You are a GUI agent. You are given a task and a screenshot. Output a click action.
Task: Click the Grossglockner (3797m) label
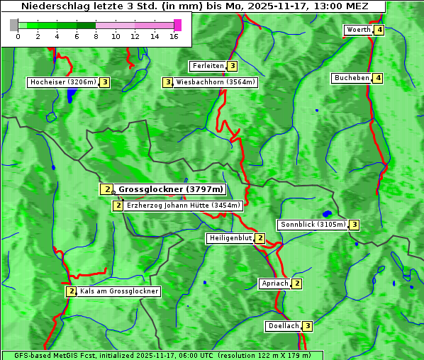pyautogui.click(x=171, y=189)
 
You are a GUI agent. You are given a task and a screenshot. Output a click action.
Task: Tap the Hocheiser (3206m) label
pyautogui.click(x=62, y=82)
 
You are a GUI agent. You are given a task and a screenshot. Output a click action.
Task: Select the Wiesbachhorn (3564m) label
pyautogui.click(x=216, y=82)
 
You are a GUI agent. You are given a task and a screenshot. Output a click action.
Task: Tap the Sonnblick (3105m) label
pyautogui.click(x=313, y=225)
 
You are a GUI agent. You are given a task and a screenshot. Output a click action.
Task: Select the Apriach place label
pyautogui.click(x=275, y=283)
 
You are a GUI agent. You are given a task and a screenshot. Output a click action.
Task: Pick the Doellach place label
pyautogui.click(x=284, y=326)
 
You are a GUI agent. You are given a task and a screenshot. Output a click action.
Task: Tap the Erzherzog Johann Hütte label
pyautogui.click(x=184, y=206)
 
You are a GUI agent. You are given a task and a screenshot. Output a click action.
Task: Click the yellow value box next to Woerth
pyautogui.click(x=379, y=30)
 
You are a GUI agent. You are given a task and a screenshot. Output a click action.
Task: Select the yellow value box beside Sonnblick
pyautogui.click(x=355, y=225)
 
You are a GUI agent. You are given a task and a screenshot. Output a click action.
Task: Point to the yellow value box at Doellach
pyautogui.click(x=307, y=326)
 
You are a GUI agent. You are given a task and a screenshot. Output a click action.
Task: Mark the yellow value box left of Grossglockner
pyautogui.click(x=106, y=189)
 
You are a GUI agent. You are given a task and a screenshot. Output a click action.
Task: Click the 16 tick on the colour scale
pyautogui.click(x=174, y=35)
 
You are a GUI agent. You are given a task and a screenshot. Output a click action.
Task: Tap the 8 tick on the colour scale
pyautogui.click(x=96, y=35)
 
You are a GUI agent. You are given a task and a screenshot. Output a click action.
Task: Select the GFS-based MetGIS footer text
pyautogui.click(x=162, y=355)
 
